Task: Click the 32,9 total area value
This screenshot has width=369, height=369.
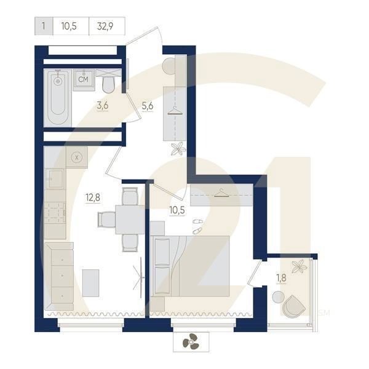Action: point(105,26)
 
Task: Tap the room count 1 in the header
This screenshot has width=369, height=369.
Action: point(44,26)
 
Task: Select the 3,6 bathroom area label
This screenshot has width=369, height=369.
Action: point(103,105)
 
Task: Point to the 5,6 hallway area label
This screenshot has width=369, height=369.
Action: point(148,106)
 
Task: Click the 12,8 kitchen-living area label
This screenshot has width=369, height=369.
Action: point(93,197)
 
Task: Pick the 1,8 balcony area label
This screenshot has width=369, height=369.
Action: point(281,278)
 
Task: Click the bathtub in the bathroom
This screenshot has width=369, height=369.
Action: point(58,98)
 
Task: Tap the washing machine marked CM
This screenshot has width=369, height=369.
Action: point(84,80)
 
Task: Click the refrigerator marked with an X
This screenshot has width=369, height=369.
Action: point(77,157)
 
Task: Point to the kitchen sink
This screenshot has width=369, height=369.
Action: point(55,178)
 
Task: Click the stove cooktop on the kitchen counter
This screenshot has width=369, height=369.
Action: point(55,213)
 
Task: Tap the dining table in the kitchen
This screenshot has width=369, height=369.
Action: point(130,220)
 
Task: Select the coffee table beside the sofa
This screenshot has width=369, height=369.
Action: point(90,283)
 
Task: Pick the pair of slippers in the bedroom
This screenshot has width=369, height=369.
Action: point(197,226)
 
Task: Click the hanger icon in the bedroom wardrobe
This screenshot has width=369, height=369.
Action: point(221,192)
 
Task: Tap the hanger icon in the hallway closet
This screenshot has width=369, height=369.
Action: point(175,111)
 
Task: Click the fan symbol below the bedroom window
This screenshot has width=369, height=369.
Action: point(191,341)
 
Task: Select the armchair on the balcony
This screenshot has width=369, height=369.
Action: point(294,306)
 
